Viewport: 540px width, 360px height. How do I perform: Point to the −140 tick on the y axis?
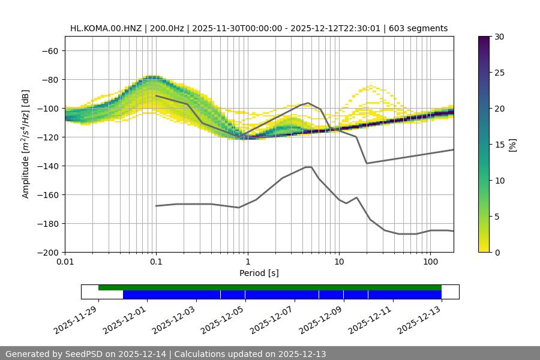(49, 166)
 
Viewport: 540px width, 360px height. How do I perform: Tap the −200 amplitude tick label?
(49, 252)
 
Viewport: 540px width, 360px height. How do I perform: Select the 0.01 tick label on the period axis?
(65, 262)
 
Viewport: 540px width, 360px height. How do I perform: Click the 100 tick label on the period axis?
(430, 262)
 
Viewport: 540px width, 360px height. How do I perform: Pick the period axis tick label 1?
(247, 262)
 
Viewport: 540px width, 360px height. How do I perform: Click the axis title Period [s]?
(259, 273)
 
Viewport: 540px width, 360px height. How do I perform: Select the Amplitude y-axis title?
(26, 144)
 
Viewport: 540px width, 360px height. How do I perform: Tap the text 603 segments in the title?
(418, 28)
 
